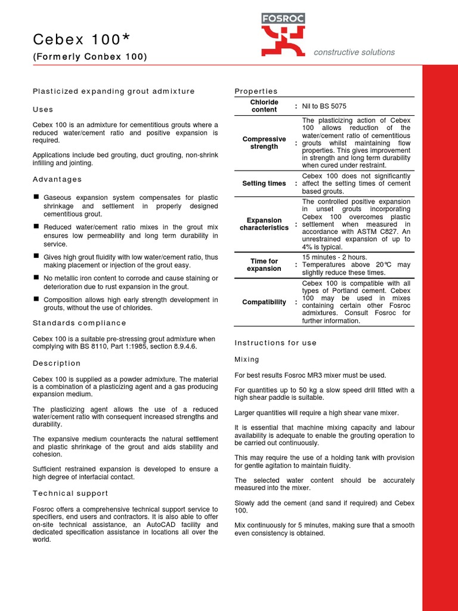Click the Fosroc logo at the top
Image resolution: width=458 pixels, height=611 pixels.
tap(283, 36)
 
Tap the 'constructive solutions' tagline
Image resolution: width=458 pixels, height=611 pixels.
tap(354, 53)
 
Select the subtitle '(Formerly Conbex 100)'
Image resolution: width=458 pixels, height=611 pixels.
tap(89, 57)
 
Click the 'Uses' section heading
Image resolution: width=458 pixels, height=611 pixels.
tap(43, 109)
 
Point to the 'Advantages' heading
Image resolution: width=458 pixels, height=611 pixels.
tap(57, 179)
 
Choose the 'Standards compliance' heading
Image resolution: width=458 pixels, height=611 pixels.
tap(79, 323)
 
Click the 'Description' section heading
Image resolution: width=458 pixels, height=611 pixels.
tap(57, 363)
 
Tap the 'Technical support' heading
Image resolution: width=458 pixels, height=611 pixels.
tap(70, 493)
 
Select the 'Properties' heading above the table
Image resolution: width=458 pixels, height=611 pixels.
tap(256, 91)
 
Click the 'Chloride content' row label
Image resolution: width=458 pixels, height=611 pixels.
tap(264, 106)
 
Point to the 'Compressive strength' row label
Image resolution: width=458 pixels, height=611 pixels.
tap(264, 143)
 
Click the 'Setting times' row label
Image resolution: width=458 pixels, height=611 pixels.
tap(264, 183)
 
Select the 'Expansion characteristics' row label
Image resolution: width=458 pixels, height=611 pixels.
tap(264, 224)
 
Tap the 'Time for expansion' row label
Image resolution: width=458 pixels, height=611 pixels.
tap(264, 265)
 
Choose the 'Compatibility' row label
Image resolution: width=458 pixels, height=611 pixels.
tap(264, 302)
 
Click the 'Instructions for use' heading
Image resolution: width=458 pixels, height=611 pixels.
tap(276, 342)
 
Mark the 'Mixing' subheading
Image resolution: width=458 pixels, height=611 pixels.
tap(247, 359)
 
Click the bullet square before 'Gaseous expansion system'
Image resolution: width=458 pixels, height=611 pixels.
tap(36, 196)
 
